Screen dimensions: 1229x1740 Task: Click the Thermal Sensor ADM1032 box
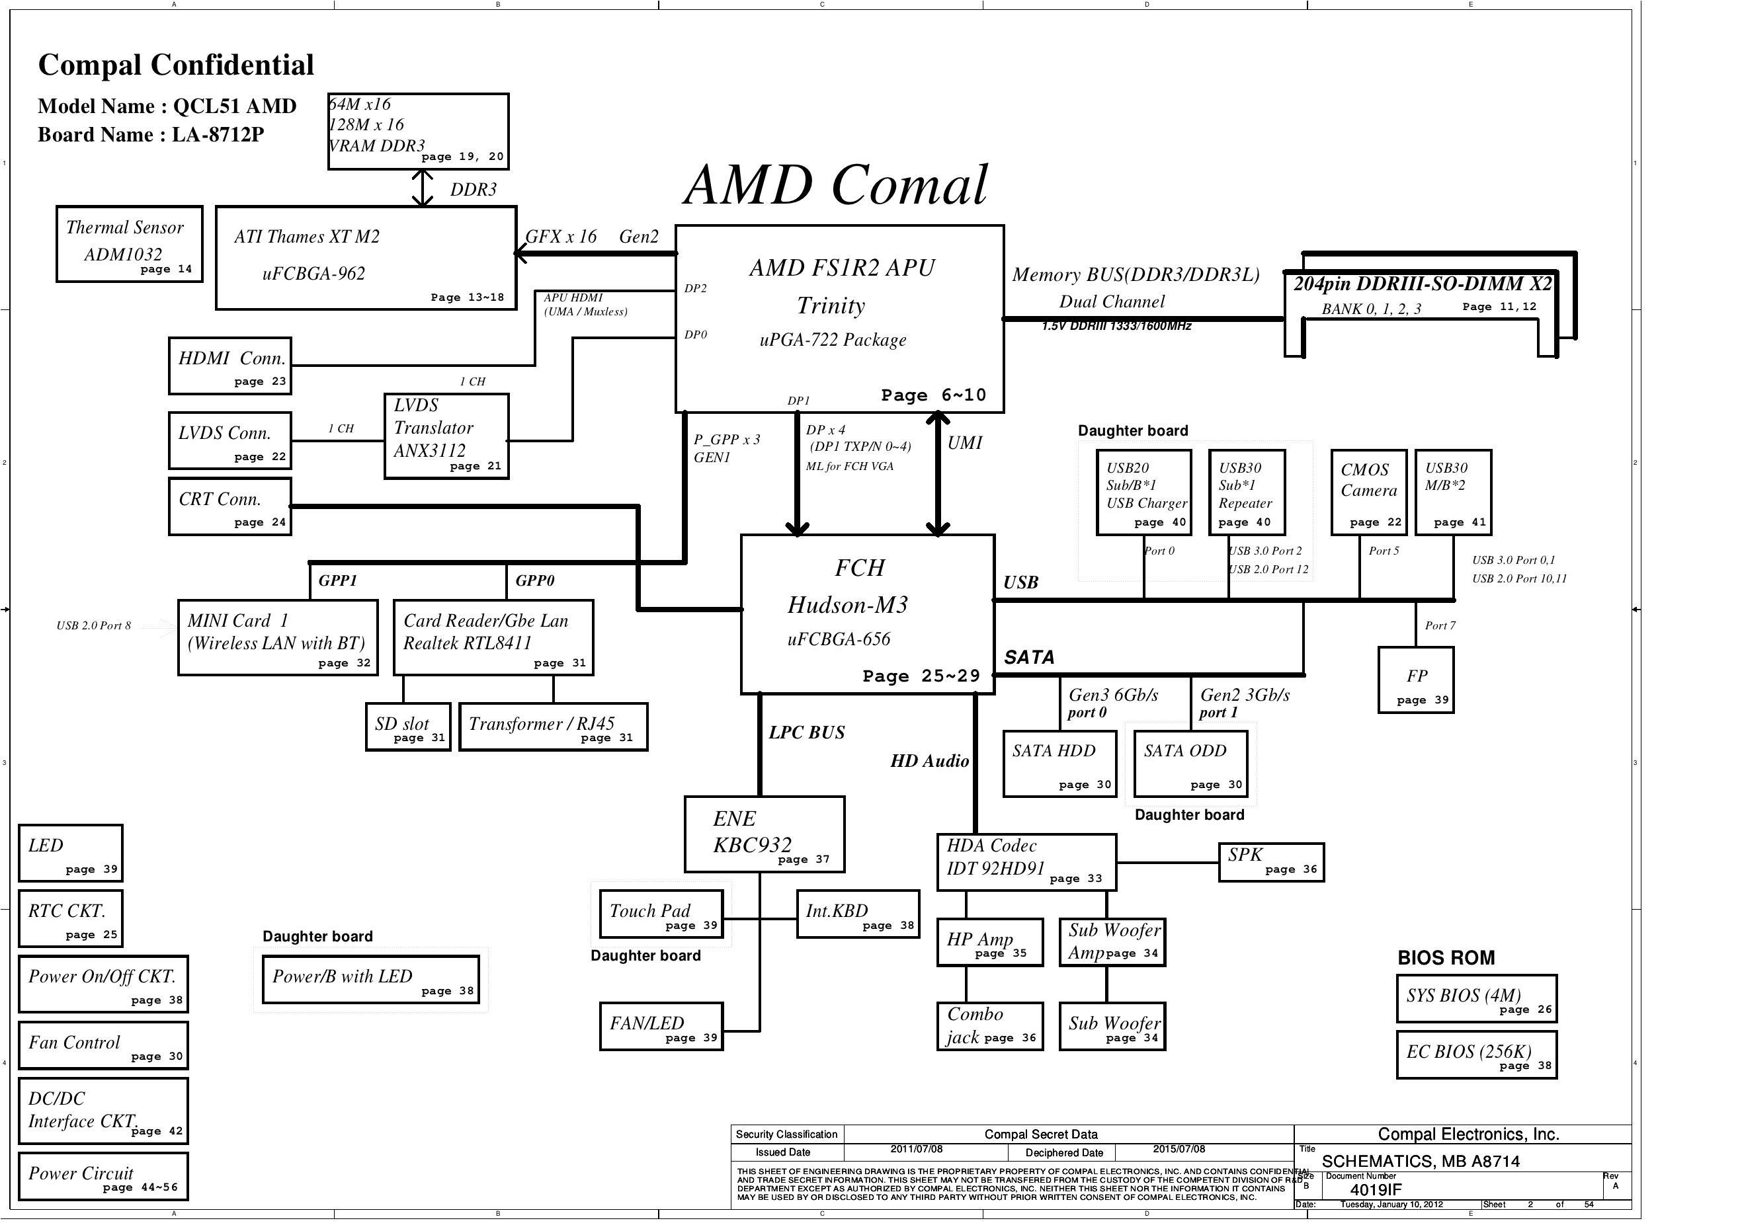pyautogui.click(x=129, y=244)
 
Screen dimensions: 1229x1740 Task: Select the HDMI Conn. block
pyautogui.click(x=229, y=366)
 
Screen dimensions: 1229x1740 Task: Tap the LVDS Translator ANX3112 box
pyautogui.click(x=446, y=436)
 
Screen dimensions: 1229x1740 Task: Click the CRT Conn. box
pyautogui.click(x=229, y=506)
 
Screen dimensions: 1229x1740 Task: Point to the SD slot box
pyautogui.click(x=407, y=727)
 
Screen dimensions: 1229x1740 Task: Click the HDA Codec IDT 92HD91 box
pyautogui.click(x=1026, y=862)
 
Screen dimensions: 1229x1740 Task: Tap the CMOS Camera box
pyautogui.click(x=1369, y=492)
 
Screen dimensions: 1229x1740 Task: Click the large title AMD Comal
pyautogui.click(x=836, y=186)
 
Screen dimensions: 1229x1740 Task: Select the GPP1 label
pyautogui.click(x=337, y=580)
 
